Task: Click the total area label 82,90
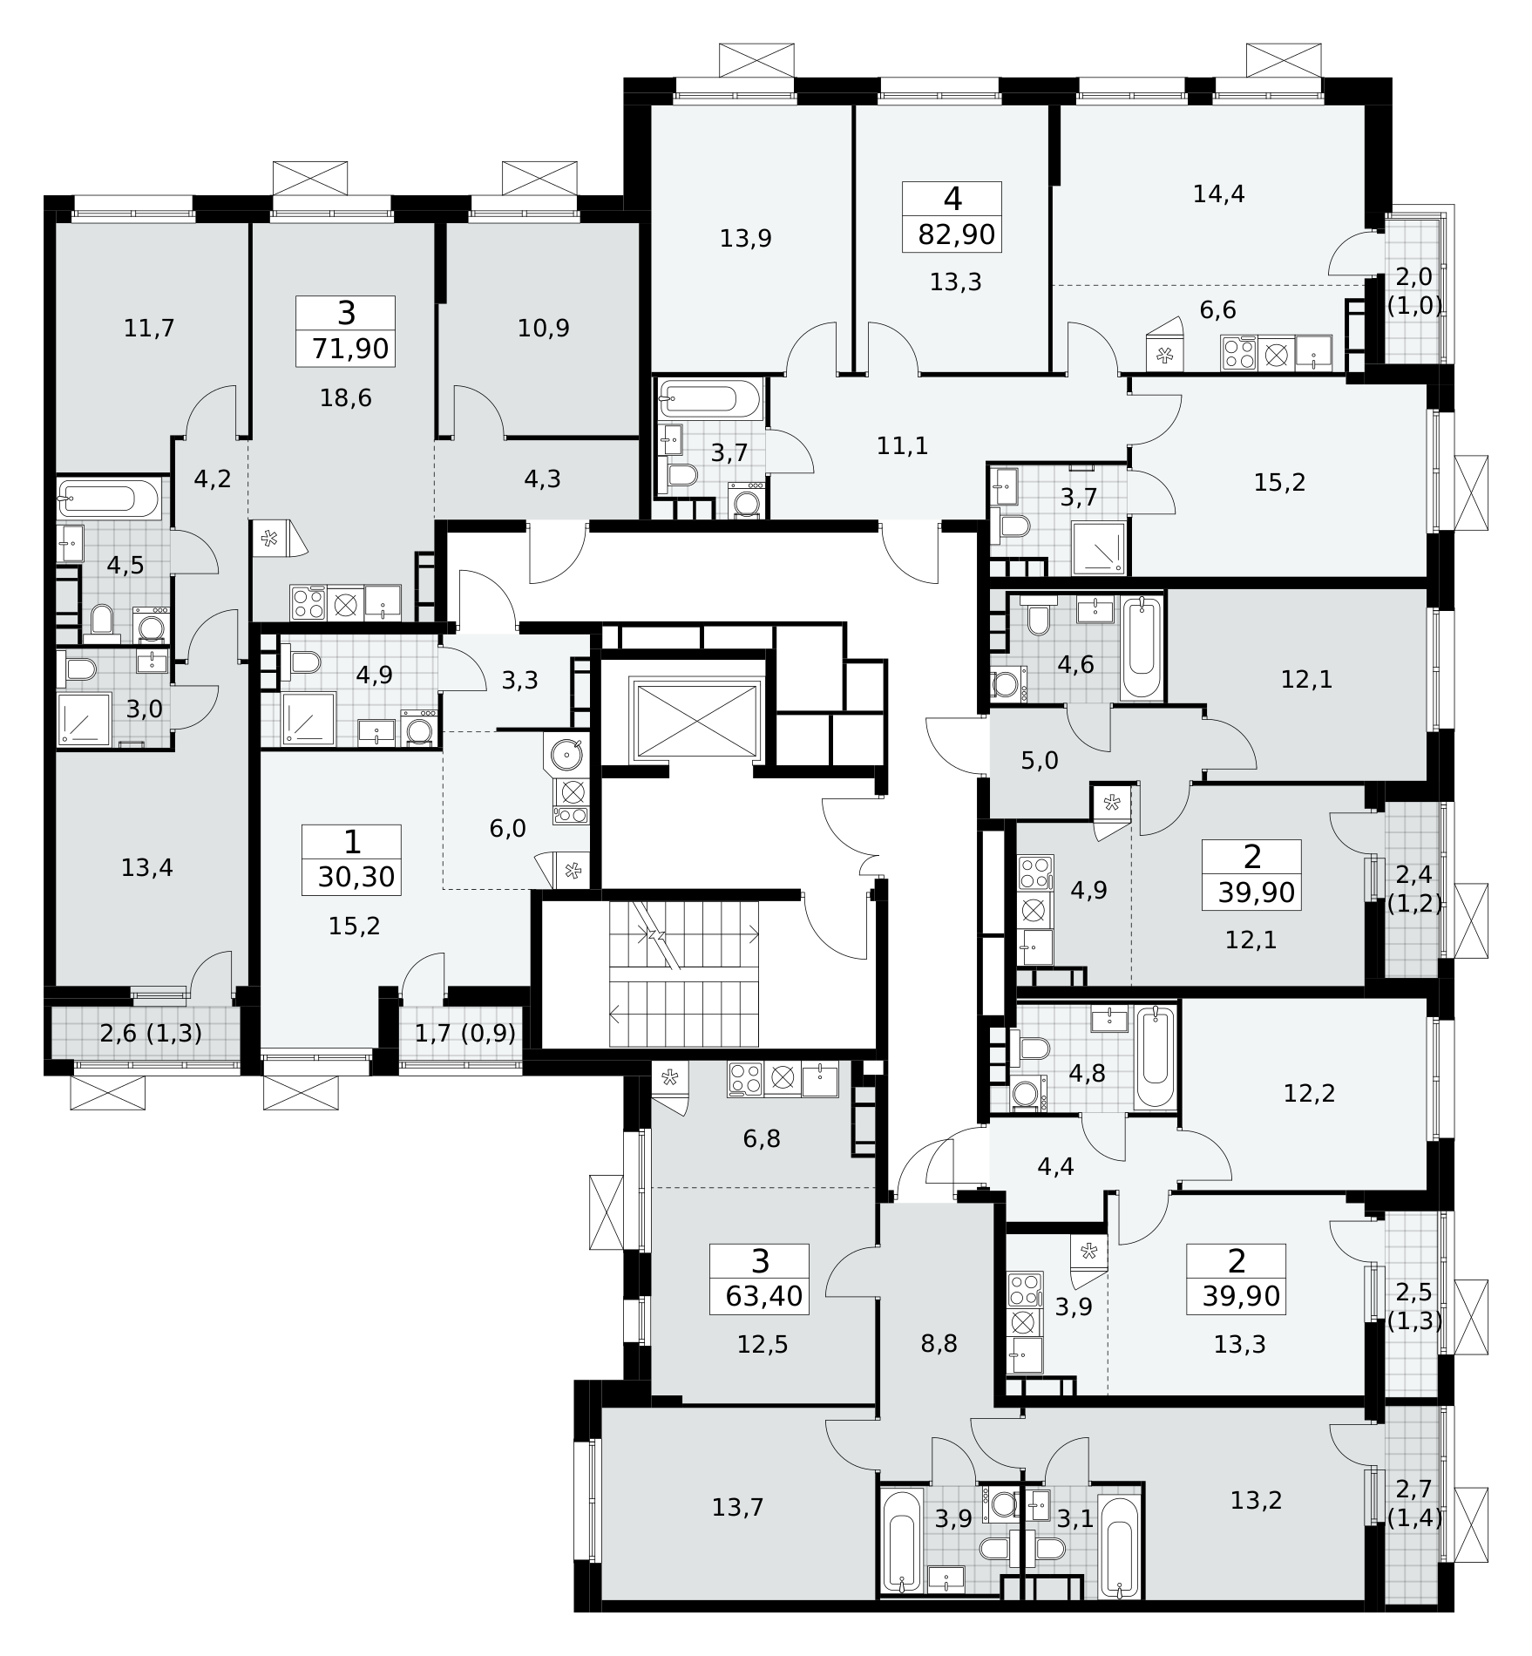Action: pyautogui.click(x=956, y=234)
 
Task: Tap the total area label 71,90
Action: pyautogui.click(x=350, y=349)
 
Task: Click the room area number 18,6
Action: pyautogui.click(x=346, y=398)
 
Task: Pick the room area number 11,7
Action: pyautogui.click(x=149, y=329)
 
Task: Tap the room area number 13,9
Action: pyautogui.click(x=746, y=238)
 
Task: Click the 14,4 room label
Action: pyautogui.click(x=1218, y=193)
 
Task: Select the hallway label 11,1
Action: pyautogui.click(x=902, y=446)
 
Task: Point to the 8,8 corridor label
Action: pyautogui.click(x=939, y=1343)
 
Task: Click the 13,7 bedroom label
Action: pyautogui.click(x=737, y=1506)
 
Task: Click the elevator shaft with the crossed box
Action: pyautogui.click(x=697, y=721)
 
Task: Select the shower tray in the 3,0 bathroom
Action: pyautogui.click(x=84, y=719)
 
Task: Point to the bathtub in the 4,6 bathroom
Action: pyautogui.click(x=1142, y=648)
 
